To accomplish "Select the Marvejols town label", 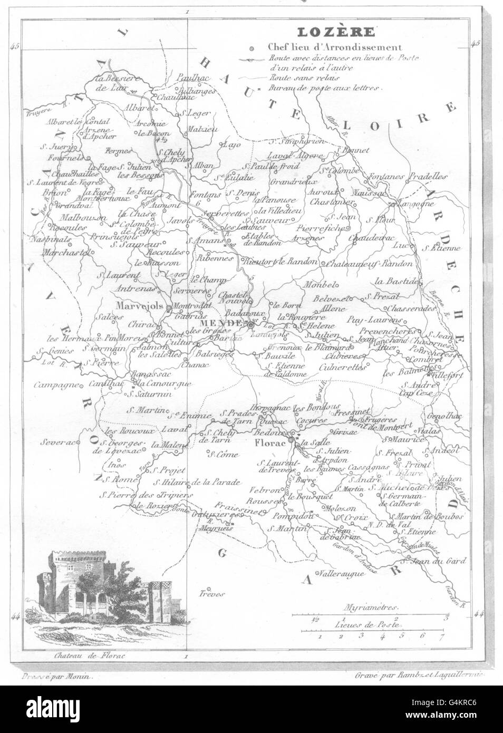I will coord(141,306).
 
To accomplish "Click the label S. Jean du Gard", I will coord(440,561).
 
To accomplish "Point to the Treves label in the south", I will coord(212,593).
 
